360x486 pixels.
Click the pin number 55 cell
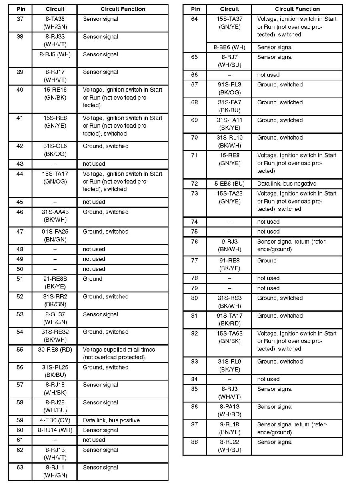point(20,350)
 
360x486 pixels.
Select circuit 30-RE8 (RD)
point(54,350)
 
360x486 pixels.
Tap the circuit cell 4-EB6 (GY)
point(54,420)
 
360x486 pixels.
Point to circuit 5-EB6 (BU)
point(229,184)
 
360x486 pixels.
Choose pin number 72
point(194,184)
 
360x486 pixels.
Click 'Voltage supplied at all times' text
point(119,350)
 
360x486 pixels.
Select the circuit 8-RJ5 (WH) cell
point(54,54)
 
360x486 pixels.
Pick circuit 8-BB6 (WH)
point(229,47)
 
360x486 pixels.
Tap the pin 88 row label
point(194,442)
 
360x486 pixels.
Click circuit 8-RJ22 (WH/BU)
point(229,446)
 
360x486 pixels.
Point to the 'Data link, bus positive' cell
point(111,420)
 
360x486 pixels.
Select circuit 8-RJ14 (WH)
point(54,430)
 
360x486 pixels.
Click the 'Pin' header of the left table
point(20,9)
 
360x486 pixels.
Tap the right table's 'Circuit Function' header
point(297,9)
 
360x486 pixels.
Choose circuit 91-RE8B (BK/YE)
point(54,283)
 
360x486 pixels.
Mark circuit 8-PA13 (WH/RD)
point(229,411)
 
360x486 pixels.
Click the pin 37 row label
point(20,19)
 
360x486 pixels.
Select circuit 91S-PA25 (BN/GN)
point(54,236)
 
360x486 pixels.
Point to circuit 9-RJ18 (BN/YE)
point(229,428)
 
